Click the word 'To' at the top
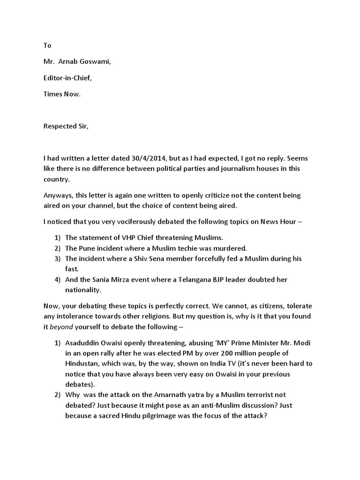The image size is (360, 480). (x=47, y=45)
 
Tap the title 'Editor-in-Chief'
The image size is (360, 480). (x=67, y=78)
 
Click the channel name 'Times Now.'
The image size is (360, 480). (x=62, y=94)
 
